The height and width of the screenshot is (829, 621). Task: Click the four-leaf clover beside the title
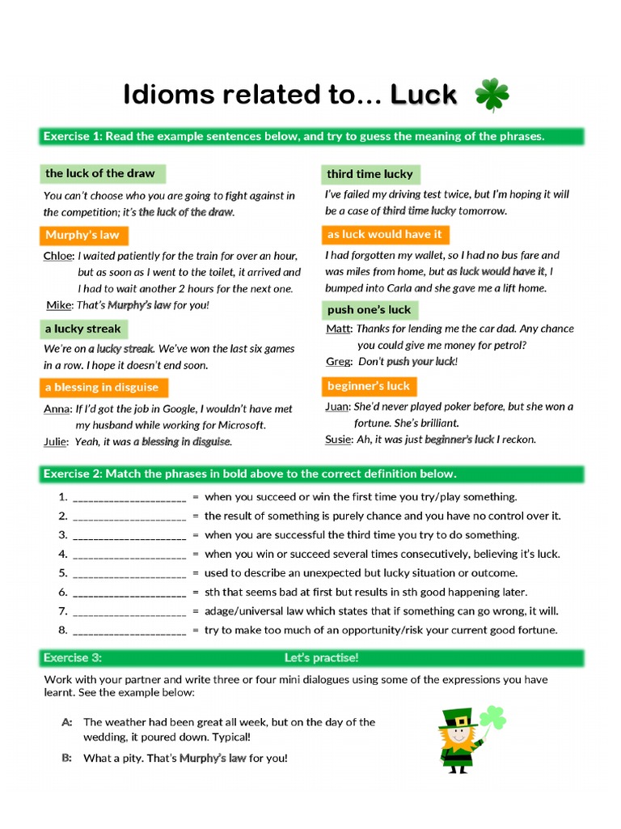pos(492,96)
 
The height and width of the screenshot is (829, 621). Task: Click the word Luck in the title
pos(424,96)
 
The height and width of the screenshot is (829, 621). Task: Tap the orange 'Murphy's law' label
pos(82,236)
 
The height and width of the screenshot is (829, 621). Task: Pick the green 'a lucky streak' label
pos(82,329)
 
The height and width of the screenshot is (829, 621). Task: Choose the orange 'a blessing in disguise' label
pos(102,387)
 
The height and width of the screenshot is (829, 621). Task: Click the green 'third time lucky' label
pos(370,174)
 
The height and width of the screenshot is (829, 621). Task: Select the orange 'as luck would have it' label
pos(384,235)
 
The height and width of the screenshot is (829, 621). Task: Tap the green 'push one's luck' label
pos(369,310)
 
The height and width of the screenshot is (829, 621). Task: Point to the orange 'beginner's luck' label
pos(368,386)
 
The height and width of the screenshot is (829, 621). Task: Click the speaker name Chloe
pos(57,256)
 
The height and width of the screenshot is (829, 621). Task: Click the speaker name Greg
pos(337,362)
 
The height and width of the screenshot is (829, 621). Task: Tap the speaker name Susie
pos(339,440)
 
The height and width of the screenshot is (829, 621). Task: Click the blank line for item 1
pos(129,498)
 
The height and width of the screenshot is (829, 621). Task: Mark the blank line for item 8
pos(129,631)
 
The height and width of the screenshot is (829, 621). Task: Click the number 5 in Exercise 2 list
pos(62,573)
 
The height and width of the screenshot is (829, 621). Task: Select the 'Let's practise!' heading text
pos(321,658)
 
